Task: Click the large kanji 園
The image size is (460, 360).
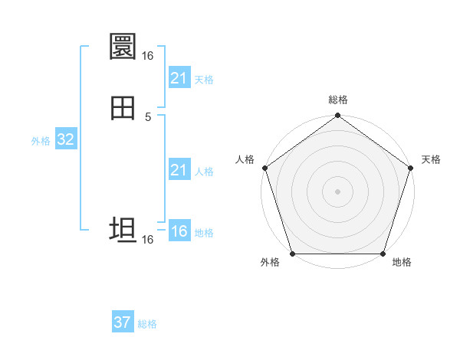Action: point(123,47)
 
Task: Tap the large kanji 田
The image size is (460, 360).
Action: point(123,109)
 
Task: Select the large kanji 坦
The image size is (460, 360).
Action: point(123,231)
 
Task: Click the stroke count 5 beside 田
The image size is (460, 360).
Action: point(148,117)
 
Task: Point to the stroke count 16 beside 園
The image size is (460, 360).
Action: point(147,56)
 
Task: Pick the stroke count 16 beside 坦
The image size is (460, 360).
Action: point(147,240)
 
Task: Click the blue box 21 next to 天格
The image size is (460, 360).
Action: point(179,78)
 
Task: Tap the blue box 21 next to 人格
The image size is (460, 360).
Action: point(179,170)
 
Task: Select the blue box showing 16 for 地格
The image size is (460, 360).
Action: point(179,231)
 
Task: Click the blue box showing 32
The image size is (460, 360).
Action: point(65,139)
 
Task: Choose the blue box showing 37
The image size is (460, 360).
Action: point(122,322)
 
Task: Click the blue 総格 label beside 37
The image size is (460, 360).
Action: point(147,324)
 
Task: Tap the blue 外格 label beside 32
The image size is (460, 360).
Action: point(41,141)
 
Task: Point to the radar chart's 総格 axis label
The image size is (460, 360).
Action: point(338,100)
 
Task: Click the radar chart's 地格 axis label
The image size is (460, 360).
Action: point(402,263)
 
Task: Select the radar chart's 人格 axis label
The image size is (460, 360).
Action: point(245,159)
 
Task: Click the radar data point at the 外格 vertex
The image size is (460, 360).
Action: point(292,254)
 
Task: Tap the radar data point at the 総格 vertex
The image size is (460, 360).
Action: point(337,116)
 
